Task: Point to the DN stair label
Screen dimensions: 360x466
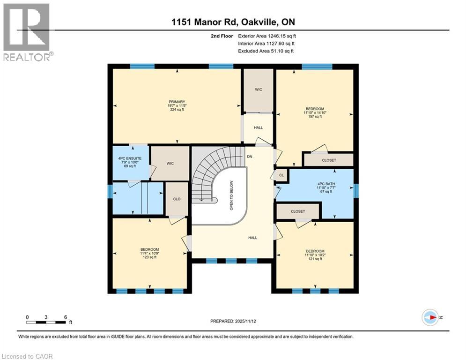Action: pyautogui.click(x=250, y=157)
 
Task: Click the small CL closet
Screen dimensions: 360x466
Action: pyautogui.click(x=281, y=174)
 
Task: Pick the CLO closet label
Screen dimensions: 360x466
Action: pyautogui.click(x=177, y=199)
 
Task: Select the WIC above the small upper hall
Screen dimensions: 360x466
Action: pyautogui.click(x=258, y=89)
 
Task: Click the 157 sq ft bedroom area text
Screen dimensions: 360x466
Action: pyautogui.click(x=313, y=117)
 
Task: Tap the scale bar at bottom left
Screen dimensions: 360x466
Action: pyautogui.click(x=46, y=322)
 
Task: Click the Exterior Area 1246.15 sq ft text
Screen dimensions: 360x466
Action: pyautogui.click(x=267, y=35)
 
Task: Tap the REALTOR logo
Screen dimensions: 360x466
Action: pyautogui.click(x=27, y=32)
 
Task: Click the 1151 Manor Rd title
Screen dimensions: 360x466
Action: pyautogui.click(x=233, y=22)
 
